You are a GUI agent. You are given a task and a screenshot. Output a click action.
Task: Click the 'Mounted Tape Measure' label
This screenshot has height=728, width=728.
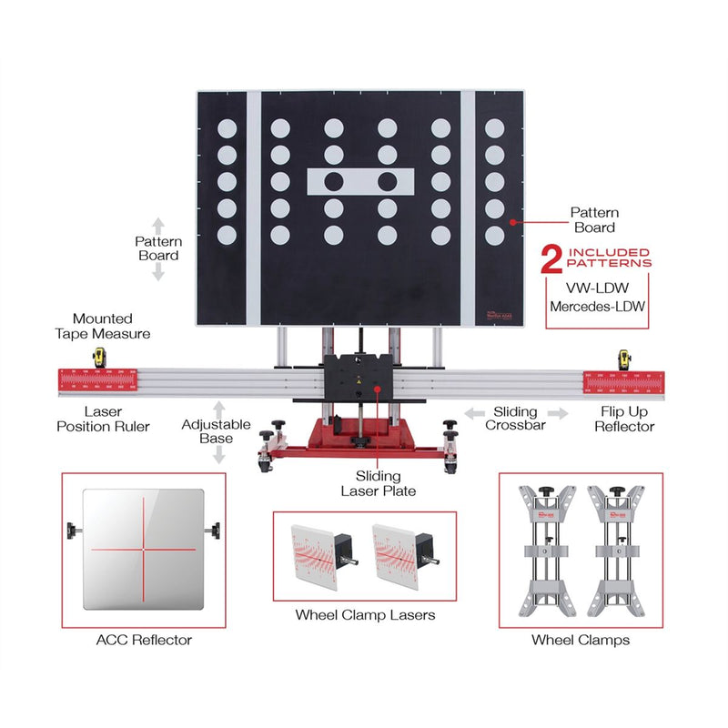click(x=103, y=326)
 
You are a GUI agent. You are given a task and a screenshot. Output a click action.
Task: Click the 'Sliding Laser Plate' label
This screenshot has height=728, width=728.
click(x=386, y=483)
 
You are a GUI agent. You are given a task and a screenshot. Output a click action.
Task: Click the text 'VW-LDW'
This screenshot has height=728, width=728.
click(x=597, y=287)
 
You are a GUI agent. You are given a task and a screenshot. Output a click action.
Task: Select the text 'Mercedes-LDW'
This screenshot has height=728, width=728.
click(x=597, y=307)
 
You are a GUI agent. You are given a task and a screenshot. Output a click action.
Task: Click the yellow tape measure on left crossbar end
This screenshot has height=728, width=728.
click(x=96, y=358)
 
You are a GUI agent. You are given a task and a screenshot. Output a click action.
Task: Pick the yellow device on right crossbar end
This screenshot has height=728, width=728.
click(x=625, y=359)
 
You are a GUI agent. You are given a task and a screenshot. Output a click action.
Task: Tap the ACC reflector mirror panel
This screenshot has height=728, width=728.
click(x=143, y=549)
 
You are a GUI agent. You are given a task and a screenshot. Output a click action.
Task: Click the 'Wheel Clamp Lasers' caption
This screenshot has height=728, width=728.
click(x=365, y=615)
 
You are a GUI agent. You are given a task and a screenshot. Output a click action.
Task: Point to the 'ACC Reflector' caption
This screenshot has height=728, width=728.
click(x=144, y=640)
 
